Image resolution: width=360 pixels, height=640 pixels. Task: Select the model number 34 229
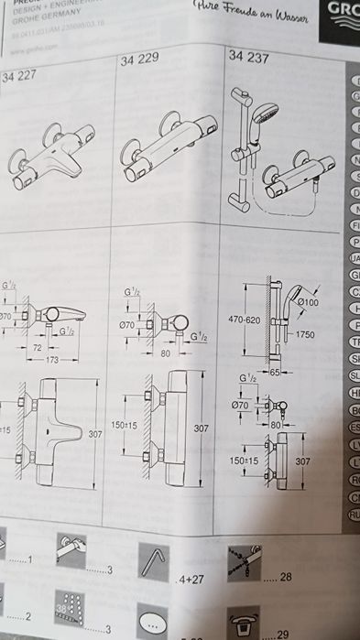[x=139, y=60]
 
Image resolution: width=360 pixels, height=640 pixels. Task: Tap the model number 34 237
[x=246, y=57]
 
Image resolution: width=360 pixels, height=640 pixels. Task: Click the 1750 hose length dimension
[x=303, y=335]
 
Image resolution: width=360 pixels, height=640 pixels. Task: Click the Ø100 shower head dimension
[x=308, y=302]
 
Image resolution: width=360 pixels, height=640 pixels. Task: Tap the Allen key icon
[x=156, y=559]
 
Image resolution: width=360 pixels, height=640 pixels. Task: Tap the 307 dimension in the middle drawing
[x=201, y=427]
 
